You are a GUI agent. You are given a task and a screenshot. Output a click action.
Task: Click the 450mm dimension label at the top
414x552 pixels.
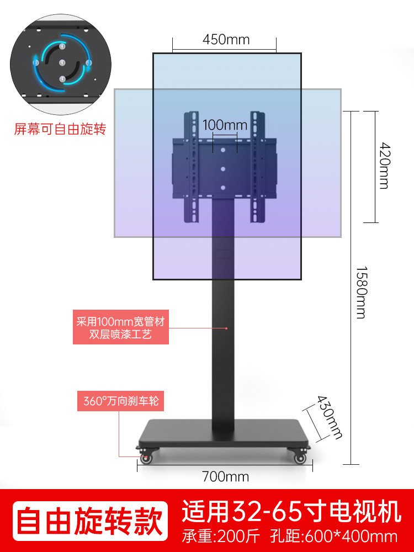(226, 40)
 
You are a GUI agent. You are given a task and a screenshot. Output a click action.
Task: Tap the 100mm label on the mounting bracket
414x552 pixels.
(225, 125)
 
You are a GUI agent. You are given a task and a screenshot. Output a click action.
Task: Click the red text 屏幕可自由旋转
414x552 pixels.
(60, 130)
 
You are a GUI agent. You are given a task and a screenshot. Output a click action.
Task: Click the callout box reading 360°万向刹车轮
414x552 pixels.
(121, 401)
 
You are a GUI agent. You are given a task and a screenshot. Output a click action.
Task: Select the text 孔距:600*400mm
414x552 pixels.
(335, 536)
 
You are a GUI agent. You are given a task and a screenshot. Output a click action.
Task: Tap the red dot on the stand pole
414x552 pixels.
(226, 328)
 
